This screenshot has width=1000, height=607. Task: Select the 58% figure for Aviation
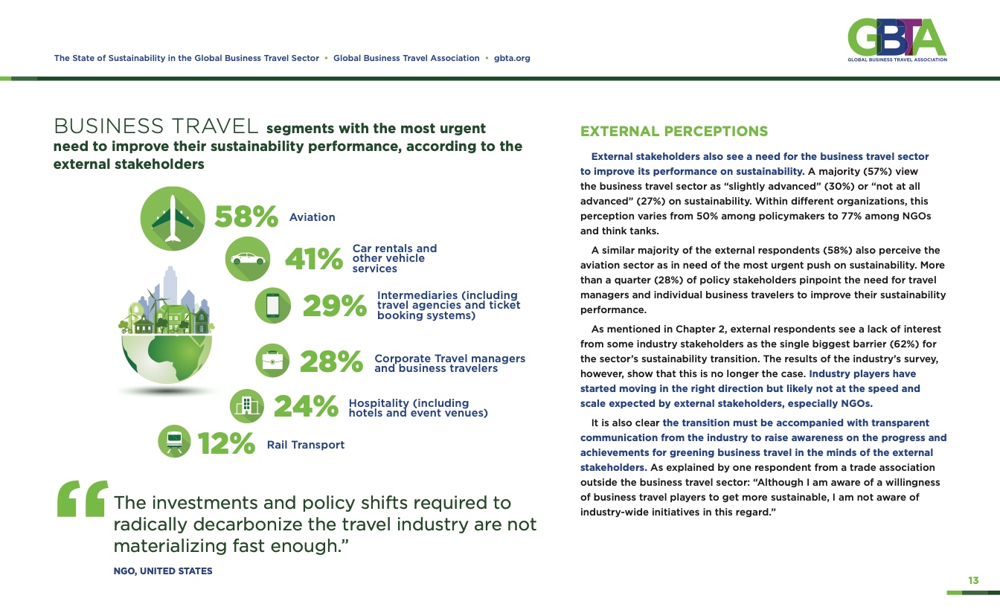[246, 216]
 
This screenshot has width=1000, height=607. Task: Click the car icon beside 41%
[248, 259]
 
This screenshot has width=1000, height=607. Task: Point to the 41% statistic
[313, 260]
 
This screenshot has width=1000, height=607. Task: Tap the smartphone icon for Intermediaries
[272, 306]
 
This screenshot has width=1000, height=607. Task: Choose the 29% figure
[334, 306]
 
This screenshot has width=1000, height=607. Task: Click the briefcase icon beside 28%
[273, 362]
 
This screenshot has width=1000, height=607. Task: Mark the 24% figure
[306, 407]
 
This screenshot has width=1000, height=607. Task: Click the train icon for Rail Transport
[176, 442]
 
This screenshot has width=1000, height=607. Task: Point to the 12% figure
[226, 444]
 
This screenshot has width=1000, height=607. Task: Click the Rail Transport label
[305, 445]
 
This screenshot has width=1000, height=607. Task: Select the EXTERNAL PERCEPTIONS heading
[673, 132]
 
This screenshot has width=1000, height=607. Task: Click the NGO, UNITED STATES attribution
[162, 571]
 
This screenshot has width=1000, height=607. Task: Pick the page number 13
[972, 580]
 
